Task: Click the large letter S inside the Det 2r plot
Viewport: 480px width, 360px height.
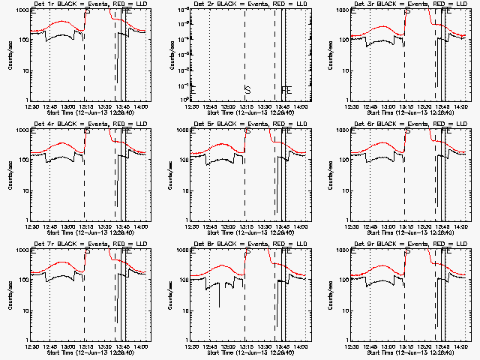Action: pyautogui.click(x=247, y=90)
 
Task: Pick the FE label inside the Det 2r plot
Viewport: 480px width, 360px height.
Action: pyautogui.click(x=286, y=90)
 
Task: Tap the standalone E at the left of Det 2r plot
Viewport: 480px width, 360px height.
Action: pyautogui.click(x=193, y=90)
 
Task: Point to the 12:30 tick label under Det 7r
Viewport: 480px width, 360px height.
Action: pyautogui.click(x=31, y=346)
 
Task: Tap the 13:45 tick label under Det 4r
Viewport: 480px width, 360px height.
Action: pyautogui.click(x=123, y=226)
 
